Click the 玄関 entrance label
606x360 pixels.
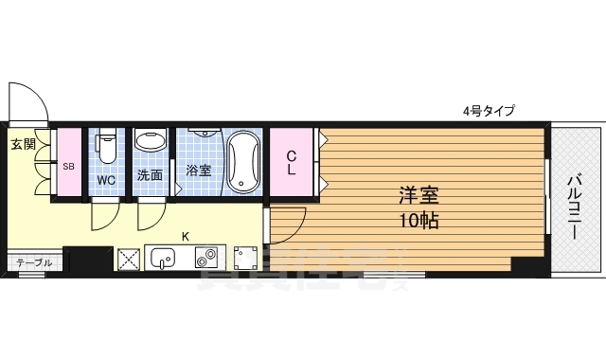pos(24,145)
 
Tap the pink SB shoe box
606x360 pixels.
pos(68,166)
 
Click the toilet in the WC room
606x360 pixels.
pos(106,148)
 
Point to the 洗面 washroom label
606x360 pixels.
pos(150,175)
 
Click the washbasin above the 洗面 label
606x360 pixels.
pos(150,142)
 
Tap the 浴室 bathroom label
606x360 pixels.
pos(198,171)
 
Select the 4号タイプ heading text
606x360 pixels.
pos(489,111)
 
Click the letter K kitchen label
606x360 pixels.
pos(185,236)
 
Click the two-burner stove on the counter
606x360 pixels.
pos(205,257)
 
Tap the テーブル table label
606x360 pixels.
pos(34,262)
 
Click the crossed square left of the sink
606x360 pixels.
pos(129,258)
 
